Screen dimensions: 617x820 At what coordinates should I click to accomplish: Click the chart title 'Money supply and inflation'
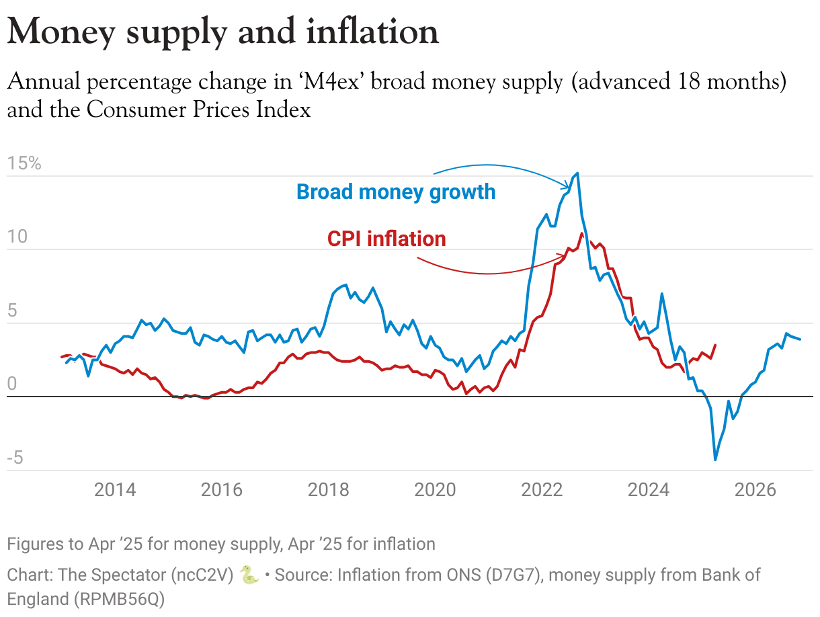(x=222, y=32)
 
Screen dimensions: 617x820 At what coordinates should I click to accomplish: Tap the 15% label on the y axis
(x=25, y=163)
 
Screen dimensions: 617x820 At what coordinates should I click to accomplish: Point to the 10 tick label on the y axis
(x=18, y=237)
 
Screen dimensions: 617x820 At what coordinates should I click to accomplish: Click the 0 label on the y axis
(x=11, y=384)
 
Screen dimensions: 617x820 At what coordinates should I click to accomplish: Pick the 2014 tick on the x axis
(x=115, y=489)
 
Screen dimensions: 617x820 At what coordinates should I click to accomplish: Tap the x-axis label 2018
(x=328, y=489)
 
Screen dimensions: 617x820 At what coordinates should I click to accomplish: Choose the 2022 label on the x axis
(x=542, y=489)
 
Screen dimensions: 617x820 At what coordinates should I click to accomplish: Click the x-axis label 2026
(x=755, y=489)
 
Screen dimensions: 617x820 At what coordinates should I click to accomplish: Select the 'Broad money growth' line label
(x=396, y=192)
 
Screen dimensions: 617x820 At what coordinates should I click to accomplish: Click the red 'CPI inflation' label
(x=386, y=239)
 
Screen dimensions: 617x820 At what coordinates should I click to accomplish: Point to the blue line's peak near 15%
(x=578, y=173)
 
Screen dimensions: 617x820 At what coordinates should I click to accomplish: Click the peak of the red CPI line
(x=582, y=233)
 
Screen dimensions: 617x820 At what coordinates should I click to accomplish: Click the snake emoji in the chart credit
(x=249, y=575)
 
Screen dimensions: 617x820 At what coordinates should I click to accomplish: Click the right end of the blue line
(x=800, y=339)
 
